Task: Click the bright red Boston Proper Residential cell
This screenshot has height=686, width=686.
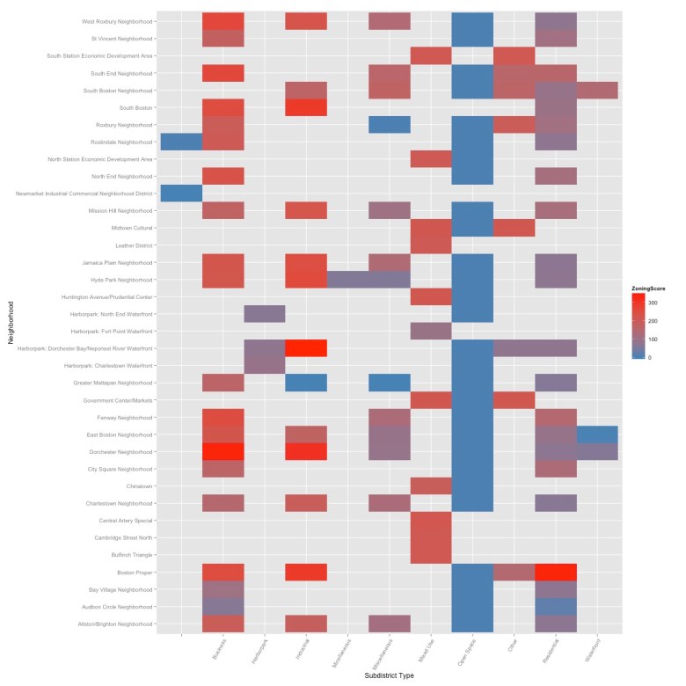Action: [556, 572]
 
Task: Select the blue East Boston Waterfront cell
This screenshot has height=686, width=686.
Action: [597, 434]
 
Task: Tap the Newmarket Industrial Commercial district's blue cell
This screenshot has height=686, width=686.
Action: [181, 193]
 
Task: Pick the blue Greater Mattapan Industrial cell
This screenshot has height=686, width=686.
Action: [306, 383]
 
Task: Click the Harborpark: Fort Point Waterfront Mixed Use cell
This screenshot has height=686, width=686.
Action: [431, 331]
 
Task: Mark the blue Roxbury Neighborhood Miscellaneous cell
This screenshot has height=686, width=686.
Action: [390, 125]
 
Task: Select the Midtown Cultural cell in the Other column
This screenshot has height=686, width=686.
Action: [514, 228]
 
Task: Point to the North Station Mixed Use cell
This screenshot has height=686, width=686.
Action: [431, 159]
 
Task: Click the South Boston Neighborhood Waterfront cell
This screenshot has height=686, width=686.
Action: [597, 91]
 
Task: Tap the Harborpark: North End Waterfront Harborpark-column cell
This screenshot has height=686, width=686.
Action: [265, 314]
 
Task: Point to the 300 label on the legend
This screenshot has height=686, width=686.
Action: [653, 303]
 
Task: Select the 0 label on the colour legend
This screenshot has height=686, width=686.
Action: [649, 357]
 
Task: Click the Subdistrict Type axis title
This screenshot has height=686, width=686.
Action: [390, 675]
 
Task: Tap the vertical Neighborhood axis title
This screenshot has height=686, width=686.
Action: [10, 323]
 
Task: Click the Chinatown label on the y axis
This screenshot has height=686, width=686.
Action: [141, 485]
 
